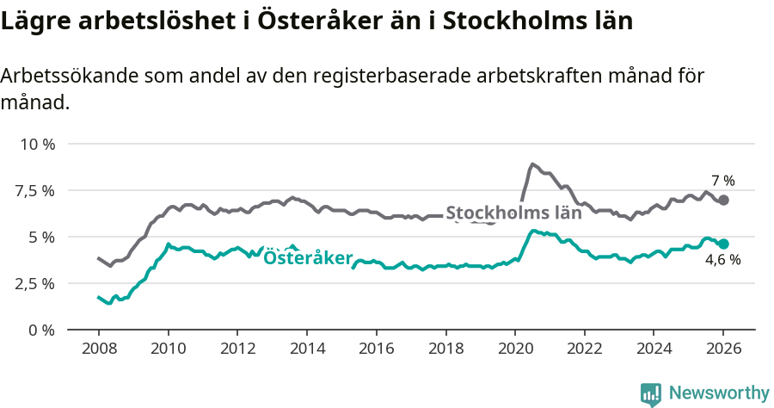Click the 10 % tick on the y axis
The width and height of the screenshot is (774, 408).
pyautogui.click(x=37, y=144)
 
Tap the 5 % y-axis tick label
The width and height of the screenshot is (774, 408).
pyautogui.click(x=41, y=237)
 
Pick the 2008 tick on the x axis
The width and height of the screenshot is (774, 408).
pyautogui.click(x=98, y=350)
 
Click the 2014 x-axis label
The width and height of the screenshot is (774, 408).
pyautogui.click(x=306, y=350)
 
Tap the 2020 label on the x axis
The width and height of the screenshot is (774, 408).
pyautogui.click(x=514, y=350)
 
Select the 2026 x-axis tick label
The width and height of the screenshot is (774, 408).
pyautogui.click(x=722, y=350)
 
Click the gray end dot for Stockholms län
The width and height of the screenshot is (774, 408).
pyautogui.click(x=723, y=200)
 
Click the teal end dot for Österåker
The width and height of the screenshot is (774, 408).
pyautogui.click(x=723, y=244)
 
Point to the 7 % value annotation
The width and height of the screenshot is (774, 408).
pyautogui.click(x=722, y=181)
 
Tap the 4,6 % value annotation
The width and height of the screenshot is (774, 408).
pyautogui.click(x=722, y=260)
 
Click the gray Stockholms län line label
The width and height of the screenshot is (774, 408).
pyautogui.click(x=513, y=213)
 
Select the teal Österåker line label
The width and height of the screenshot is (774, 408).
pyautogui.click(x=307, y=257)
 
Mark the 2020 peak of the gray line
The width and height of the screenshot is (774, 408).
pyautogui.click(x=532, y=164)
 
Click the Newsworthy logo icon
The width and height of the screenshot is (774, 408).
pyautogui.click(x=650, y=393)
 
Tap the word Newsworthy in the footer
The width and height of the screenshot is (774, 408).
pyautogui.click(x=718, y=393)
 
